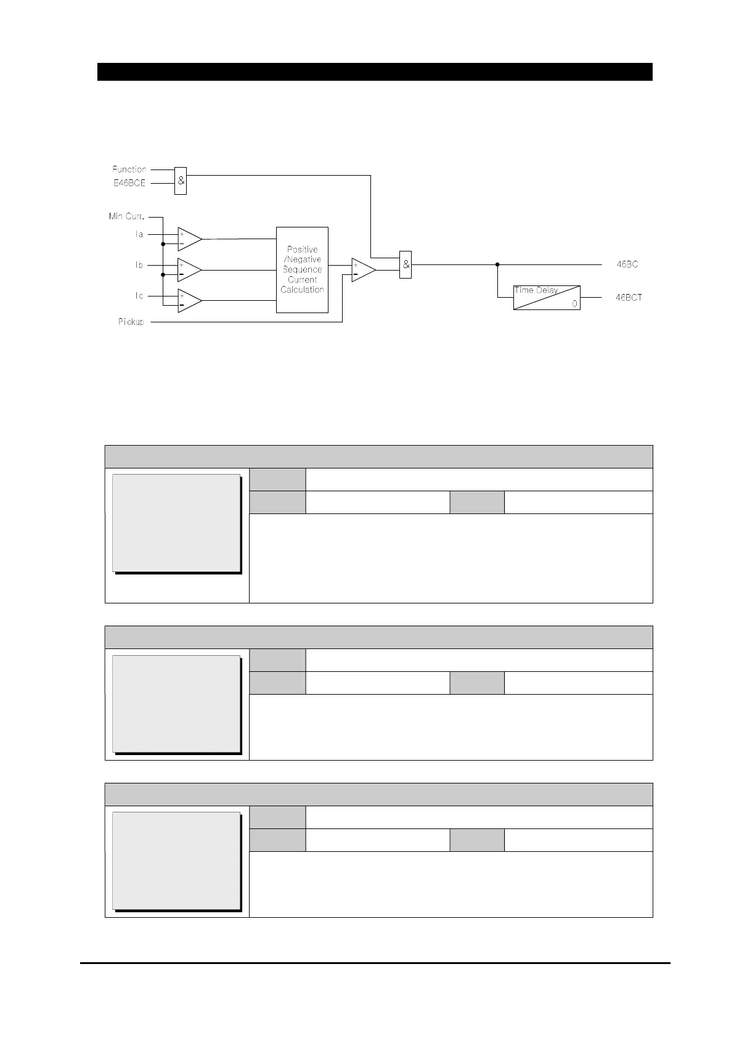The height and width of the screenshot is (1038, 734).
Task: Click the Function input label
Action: point(129,169)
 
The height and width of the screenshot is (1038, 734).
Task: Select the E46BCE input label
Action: point(129,183)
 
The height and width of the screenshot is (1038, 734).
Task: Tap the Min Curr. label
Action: point(126,216)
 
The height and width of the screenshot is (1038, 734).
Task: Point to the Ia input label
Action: point(139,234)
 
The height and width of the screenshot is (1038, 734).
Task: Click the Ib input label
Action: point(139,265)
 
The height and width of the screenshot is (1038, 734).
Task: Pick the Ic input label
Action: point(139,296)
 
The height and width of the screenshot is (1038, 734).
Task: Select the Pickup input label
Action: point(131,322)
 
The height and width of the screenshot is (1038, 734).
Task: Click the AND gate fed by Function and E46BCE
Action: point(181,181)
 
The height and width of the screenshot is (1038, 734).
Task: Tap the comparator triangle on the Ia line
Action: point(189,239)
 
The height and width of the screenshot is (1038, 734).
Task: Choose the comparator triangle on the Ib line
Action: point(189,270)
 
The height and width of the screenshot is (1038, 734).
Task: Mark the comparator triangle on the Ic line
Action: point(189,301)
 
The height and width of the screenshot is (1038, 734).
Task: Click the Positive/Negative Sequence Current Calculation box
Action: point(302,269)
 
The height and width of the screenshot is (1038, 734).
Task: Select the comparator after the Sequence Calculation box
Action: point(363,269)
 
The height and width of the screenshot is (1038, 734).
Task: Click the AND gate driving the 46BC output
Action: point(406,264)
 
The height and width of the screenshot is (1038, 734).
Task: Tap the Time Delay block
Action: point(547,297)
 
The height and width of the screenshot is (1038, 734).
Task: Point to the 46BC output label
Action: point(627,264)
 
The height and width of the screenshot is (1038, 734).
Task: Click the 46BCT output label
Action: point(629,297)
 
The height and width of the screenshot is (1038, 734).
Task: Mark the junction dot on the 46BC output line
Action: point(497,264)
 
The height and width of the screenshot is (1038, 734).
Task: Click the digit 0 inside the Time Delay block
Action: point(574,303)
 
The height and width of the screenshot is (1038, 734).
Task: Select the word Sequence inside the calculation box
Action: point(302,269)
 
